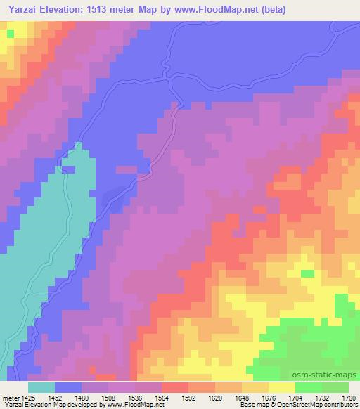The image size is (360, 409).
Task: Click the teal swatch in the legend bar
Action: (41, 387)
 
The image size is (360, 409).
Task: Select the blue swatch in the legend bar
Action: (68, 387)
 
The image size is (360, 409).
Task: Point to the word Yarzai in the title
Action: (22, 9)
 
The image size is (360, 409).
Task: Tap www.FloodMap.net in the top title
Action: (241, 9)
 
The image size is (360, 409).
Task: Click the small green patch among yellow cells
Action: (307, 273)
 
